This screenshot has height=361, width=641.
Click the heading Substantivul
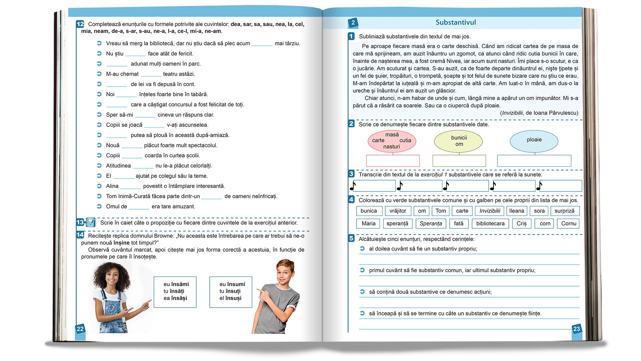click(x=456, y=22)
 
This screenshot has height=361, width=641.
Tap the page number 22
click(x=80, y=329)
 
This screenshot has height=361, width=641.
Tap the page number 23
click(x=577, y=329)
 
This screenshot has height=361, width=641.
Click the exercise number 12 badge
click(x=80, y=24)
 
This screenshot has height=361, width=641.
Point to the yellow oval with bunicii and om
click(x=458, y=141)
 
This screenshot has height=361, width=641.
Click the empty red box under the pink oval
click(x=393, y=161)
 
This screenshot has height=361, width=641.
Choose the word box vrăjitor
click(x=398, y=211)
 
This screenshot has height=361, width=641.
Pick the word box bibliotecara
click(x=490, y=224)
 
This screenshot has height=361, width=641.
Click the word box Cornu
click(x=569, y=224)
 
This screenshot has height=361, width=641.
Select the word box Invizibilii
click(x=490, y=211)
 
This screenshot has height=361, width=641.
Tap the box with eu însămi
click(x=175, y=291)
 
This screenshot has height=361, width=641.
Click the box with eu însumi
click(x=231, y=291)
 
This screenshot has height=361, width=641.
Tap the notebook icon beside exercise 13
click(x=91, y=222)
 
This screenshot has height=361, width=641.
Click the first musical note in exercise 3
click(x=353, y=186)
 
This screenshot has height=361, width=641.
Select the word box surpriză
click(x=564, y=211)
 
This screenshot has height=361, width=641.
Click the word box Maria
click(x=368, y=224)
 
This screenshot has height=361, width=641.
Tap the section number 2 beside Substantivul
click(x=353, y=23)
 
